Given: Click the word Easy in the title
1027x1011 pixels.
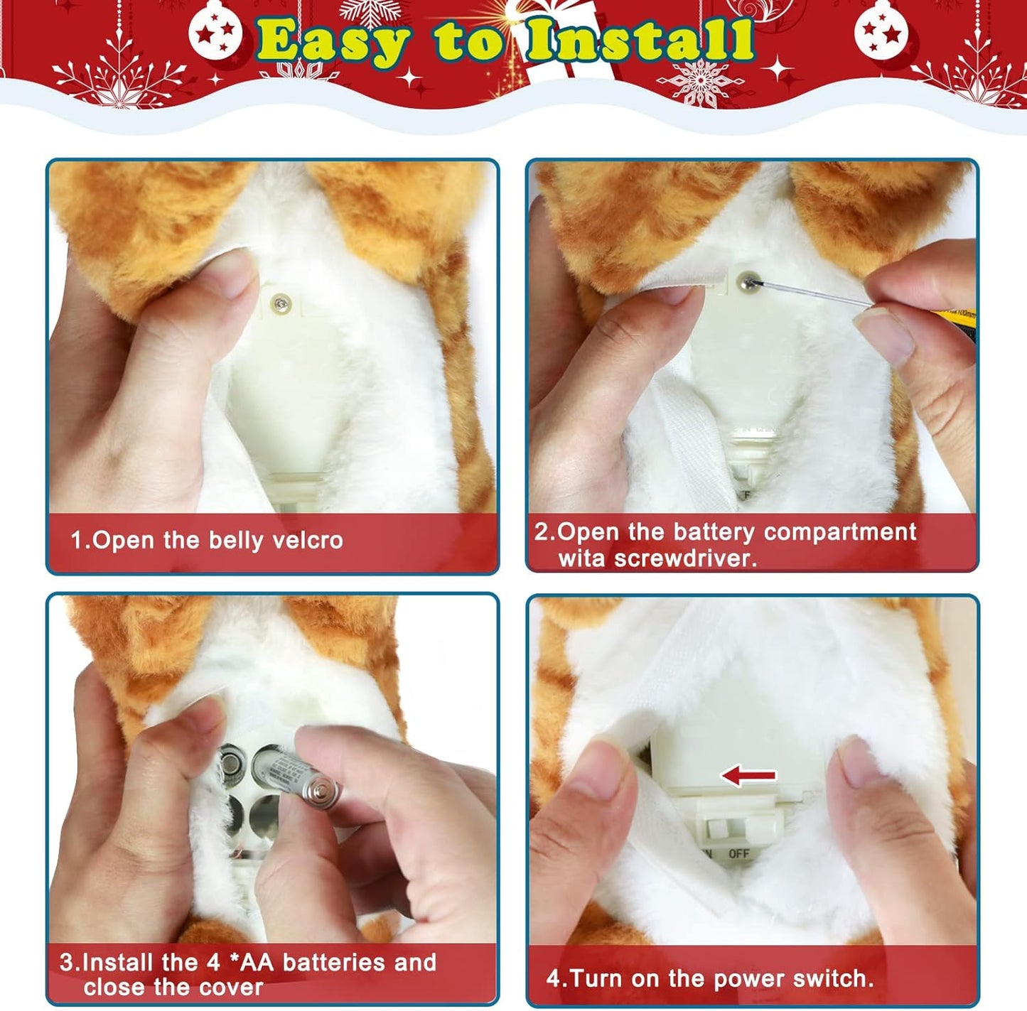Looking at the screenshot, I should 333,43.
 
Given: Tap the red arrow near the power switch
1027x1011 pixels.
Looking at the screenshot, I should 748,776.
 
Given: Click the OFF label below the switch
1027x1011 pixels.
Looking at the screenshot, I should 738,854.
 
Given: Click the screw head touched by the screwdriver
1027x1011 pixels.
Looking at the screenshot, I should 746,281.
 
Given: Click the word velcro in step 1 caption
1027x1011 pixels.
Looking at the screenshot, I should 308,541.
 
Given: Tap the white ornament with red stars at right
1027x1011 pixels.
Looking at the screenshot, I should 881,31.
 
